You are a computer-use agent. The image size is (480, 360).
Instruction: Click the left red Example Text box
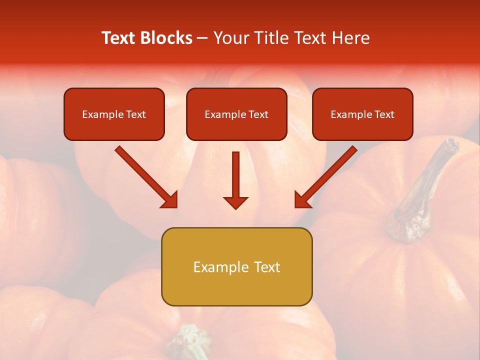tap(114, 114)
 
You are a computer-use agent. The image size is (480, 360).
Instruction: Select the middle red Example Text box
tap(236, 114)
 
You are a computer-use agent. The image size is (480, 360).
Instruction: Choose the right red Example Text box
tap(362, 114)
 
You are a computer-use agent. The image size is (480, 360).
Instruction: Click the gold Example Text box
tap(236, 266)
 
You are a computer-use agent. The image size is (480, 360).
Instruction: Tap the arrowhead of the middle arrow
tap(235, 202)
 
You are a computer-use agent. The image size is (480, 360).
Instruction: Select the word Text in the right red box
tap(384, 114)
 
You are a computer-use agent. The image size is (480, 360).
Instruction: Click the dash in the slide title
tap(202, 38)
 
